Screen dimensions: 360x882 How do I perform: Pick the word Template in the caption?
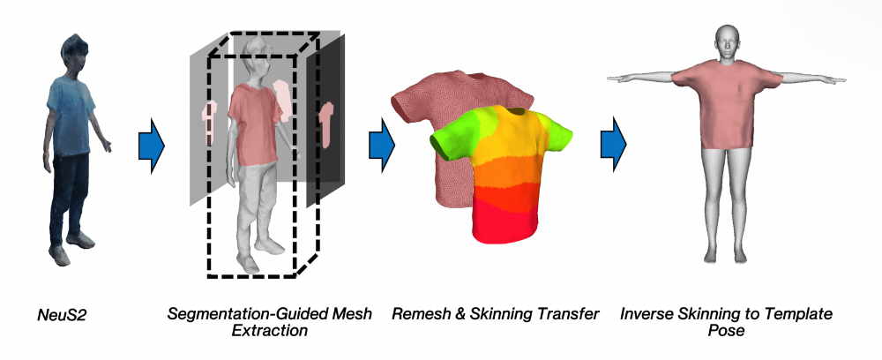tap(797, 314)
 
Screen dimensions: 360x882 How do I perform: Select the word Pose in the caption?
tap(726, 331)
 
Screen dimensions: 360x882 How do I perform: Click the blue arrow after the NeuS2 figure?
tap(153, 145)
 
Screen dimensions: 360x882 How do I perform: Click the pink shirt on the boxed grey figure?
tap(253, 110)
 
